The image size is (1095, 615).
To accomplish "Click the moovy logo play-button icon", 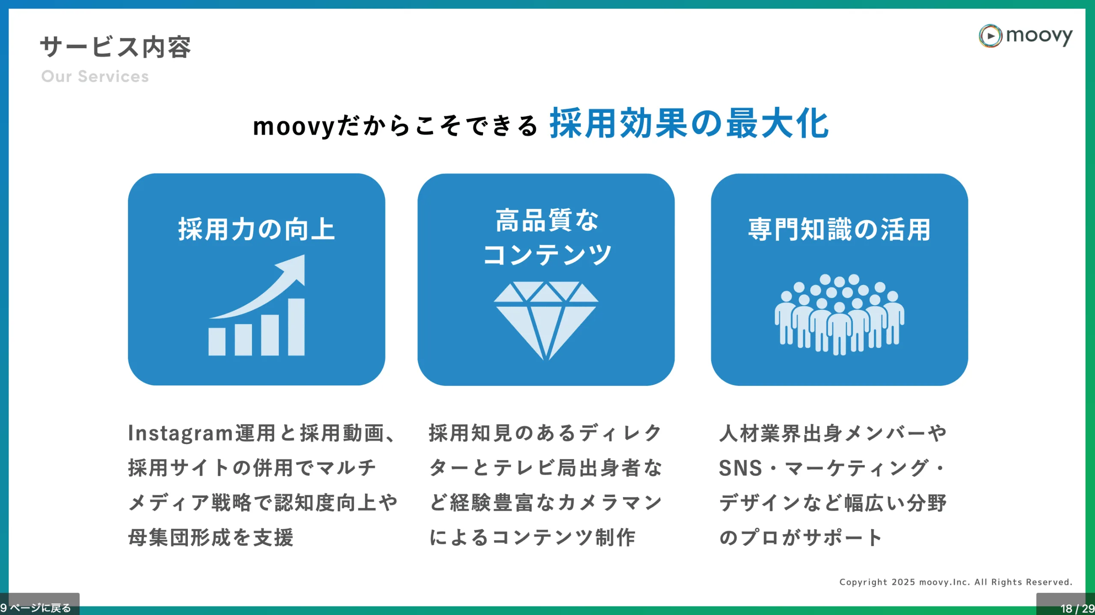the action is (x=990, y=36).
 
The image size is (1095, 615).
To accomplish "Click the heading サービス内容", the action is (x=115, y=47).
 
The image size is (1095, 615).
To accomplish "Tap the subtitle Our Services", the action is (x=95, y=77).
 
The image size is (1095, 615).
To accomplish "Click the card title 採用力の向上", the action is (x=257, y=229).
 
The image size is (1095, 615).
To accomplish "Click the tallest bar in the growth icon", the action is (x=296, y=327).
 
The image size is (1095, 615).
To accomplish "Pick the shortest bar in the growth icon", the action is (x=217, y=341).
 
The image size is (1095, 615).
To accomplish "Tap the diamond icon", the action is (x=546, y=321).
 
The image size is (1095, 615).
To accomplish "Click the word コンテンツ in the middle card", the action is (x=547, y=255).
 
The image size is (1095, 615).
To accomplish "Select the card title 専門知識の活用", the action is (x=839, y=229).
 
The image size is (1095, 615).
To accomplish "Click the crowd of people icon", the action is (x=839, y=315).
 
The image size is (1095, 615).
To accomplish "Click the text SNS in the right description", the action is (x=740, y=468).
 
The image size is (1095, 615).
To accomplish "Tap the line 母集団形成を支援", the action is (x=211, y=537).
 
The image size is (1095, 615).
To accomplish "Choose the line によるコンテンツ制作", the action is (x=532, y=537).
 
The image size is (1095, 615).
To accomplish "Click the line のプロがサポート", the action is (x=800, y=537).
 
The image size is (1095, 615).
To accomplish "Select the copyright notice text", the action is (x=956, y=582).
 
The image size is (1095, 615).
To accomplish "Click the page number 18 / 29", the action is (x=1077, y=608).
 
